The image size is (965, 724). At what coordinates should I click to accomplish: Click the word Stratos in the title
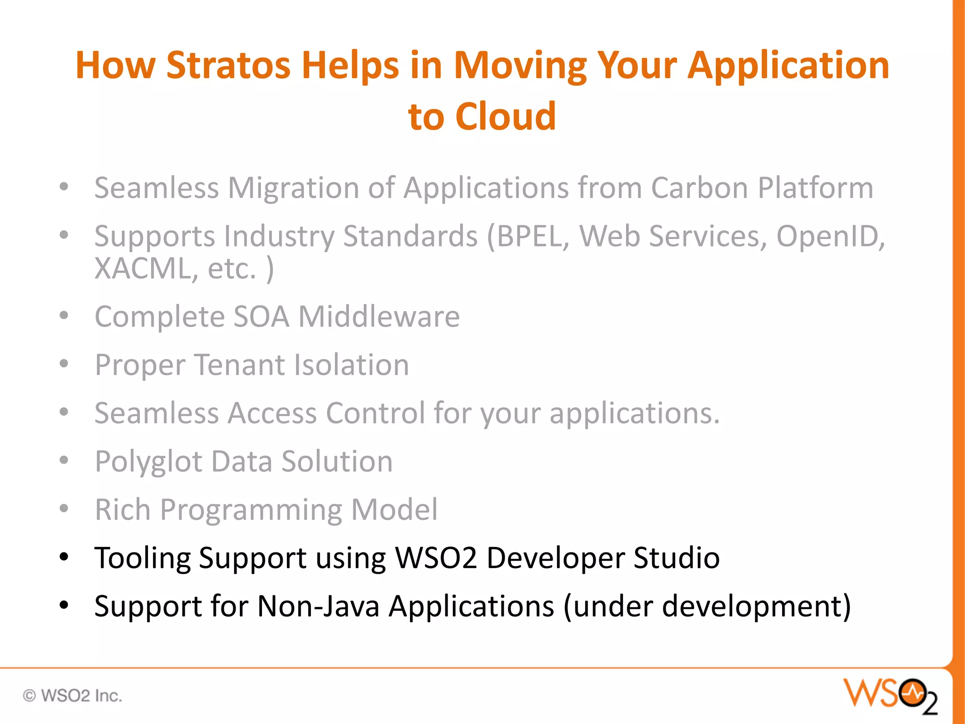(228, 65)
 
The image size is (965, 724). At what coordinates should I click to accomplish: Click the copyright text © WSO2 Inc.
(73, 695)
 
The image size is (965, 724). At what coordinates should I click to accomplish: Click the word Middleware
(379, 316)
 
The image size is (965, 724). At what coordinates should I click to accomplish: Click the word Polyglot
(148, 461)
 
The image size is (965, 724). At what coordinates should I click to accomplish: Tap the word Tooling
(142, 558)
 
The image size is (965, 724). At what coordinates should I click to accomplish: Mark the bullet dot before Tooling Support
(64, 558)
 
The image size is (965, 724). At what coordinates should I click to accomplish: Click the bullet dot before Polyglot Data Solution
(64, 460)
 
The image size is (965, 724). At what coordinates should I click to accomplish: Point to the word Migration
(293, 188)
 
